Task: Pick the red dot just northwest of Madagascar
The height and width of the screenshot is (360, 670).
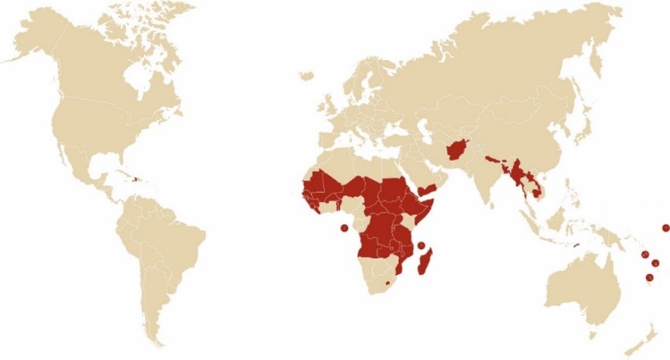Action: pos(421,246)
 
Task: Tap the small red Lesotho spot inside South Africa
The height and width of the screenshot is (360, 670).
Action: pos(388,293)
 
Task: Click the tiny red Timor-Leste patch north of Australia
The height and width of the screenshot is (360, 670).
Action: pos(577,246)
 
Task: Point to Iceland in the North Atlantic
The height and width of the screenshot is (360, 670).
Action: pos(306,76)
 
